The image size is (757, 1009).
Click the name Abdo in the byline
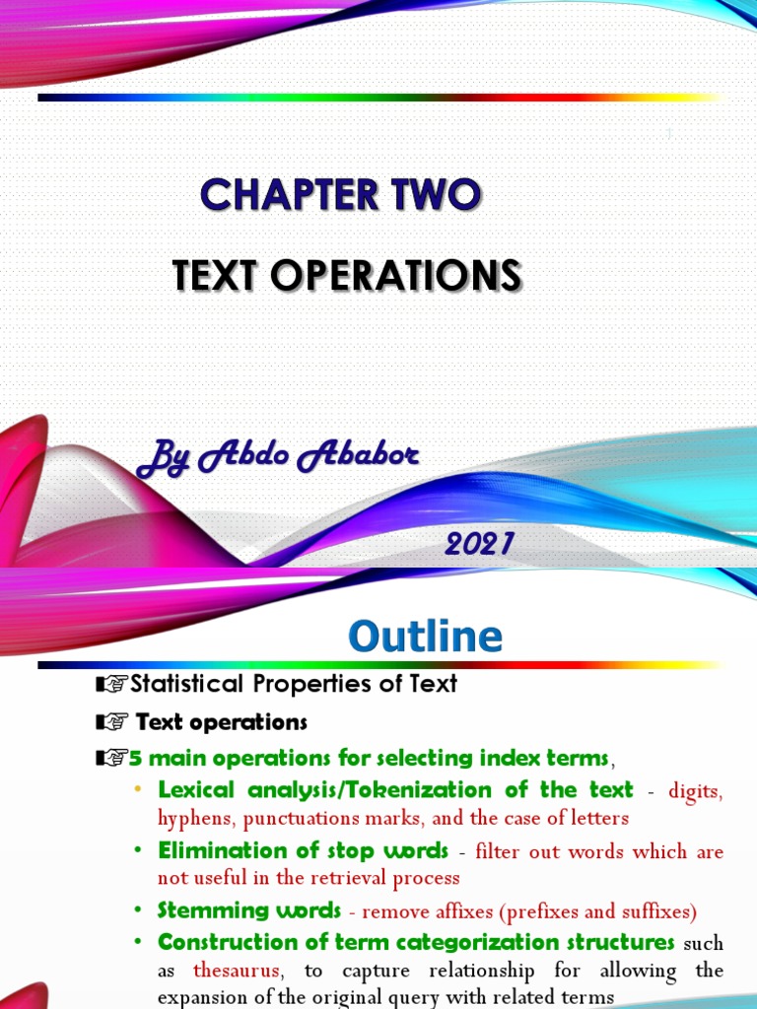pos(241,455)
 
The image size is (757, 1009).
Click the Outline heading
pos(425,636)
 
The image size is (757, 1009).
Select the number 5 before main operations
pos(136,758)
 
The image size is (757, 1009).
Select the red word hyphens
pos(195,818)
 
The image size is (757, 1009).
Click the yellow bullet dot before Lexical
pos(137,790)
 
